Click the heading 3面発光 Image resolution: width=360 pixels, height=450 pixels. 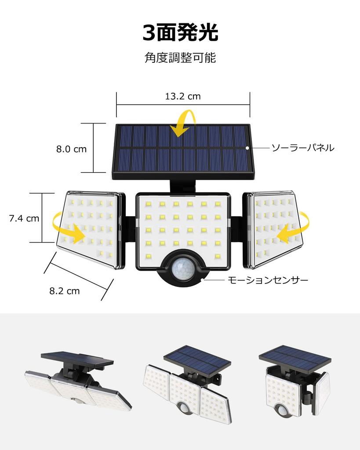180,33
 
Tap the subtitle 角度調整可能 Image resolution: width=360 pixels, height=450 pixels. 180,58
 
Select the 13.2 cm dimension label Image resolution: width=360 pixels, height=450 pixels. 183,96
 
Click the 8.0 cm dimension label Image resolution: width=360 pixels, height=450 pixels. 71,149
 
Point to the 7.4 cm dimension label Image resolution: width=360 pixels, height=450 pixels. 24,218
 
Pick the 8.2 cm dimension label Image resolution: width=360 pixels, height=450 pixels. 65,290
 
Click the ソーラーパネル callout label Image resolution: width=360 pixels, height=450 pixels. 302,148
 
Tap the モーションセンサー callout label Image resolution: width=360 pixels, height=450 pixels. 268,279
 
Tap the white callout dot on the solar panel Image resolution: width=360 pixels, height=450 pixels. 247,148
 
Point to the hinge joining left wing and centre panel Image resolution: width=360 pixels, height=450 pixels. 128,229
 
